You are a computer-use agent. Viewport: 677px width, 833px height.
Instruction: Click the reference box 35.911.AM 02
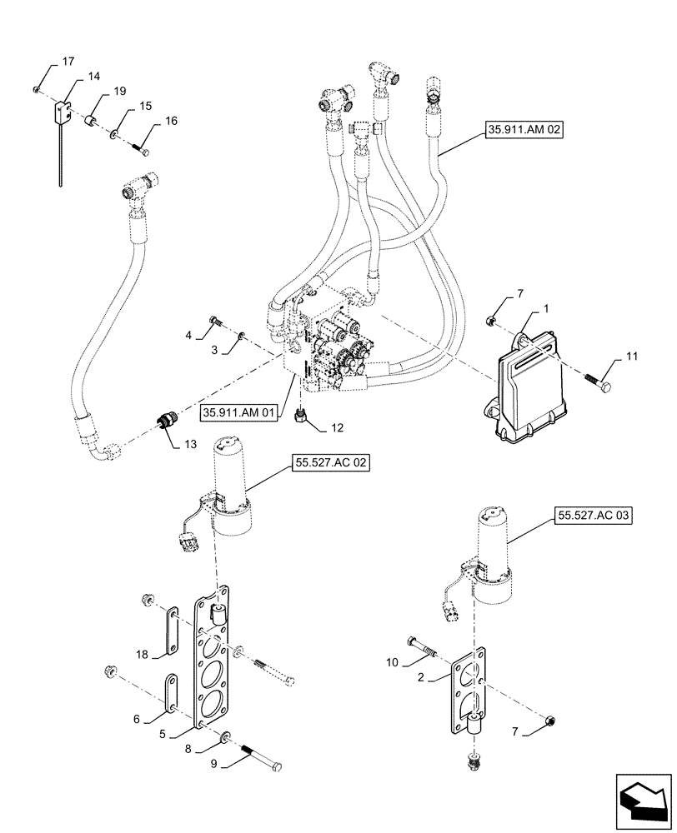(522, 130)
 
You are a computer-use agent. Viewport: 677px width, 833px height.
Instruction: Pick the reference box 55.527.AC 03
(592, 516)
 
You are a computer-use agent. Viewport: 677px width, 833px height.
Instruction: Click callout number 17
(68, 62)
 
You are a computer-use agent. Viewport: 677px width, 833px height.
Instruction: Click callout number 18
(142, 655)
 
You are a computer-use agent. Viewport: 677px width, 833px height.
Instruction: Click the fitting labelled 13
(167, 420)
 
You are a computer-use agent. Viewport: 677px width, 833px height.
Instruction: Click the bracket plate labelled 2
(469, 688)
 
